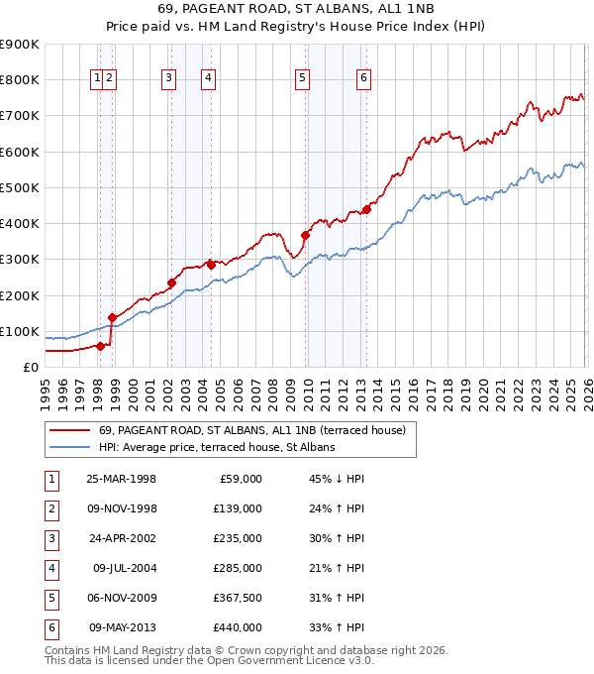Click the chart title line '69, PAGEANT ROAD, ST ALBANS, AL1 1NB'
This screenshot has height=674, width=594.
tap(297, 9)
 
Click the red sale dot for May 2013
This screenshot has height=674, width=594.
tap(365, 209)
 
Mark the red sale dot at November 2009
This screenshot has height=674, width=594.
tap(305, 235)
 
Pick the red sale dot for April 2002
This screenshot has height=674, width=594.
tap(171, 282)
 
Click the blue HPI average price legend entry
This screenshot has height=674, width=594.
tap(217, 448)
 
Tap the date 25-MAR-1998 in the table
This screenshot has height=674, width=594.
tap(121, 479)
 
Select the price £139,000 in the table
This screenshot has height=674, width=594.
tap(238, 508)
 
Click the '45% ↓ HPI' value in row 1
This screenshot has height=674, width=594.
tap(336, 479)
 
